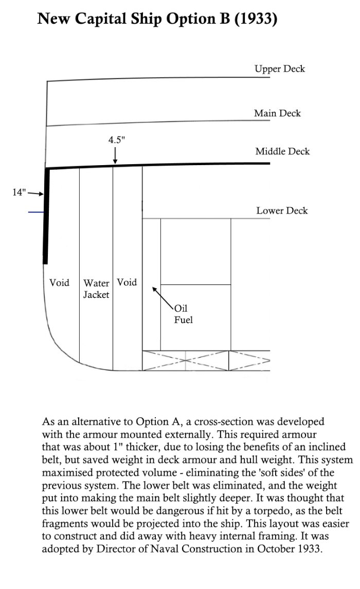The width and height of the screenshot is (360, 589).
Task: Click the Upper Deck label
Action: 280,68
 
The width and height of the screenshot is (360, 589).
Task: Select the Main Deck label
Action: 277,113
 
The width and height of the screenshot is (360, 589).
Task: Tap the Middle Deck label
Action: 282,152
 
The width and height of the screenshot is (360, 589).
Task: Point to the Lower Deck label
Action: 282,210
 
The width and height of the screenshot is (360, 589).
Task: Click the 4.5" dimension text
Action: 116,139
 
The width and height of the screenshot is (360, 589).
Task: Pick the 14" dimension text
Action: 19,192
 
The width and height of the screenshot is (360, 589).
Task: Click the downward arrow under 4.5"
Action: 115,155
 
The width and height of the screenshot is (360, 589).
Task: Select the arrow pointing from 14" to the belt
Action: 35,193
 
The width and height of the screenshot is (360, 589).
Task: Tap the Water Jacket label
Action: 96,289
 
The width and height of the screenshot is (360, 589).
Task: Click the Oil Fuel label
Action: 183,314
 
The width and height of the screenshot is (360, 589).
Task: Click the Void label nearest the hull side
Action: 59,282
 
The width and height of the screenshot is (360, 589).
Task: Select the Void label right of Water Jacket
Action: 127,282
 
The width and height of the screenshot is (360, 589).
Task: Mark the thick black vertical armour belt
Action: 46,216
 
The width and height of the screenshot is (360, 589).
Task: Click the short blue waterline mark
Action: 35,211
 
